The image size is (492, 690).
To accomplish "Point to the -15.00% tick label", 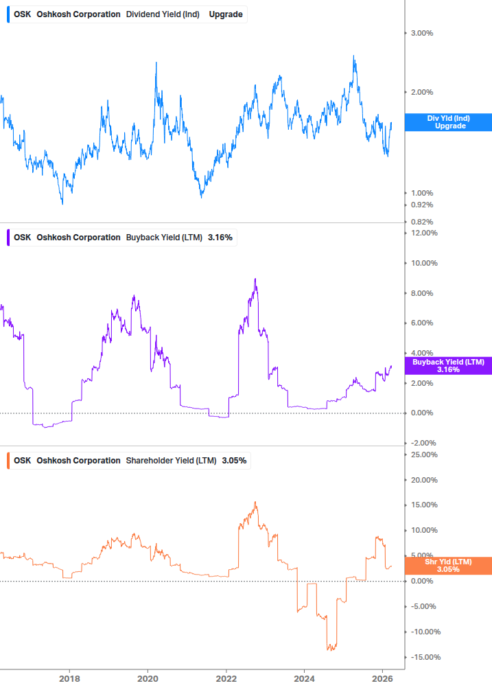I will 426,657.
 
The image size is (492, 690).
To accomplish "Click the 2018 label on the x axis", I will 69,678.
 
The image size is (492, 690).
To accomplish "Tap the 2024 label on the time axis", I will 304,678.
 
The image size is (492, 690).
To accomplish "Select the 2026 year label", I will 382,678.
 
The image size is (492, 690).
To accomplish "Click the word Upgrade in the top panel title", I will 225,14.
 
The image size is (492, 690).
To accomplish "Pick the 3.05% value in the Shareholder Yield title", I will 234,460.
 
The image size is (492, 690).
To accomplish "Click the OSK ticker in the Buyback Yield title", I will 22,238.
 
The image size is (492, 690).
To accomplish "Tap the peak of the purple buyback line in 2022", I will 255,279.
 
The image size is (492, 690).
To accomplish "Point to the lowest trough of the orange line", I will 329,649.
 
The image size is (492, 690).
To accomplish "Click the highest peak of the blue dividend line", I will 354,56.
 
